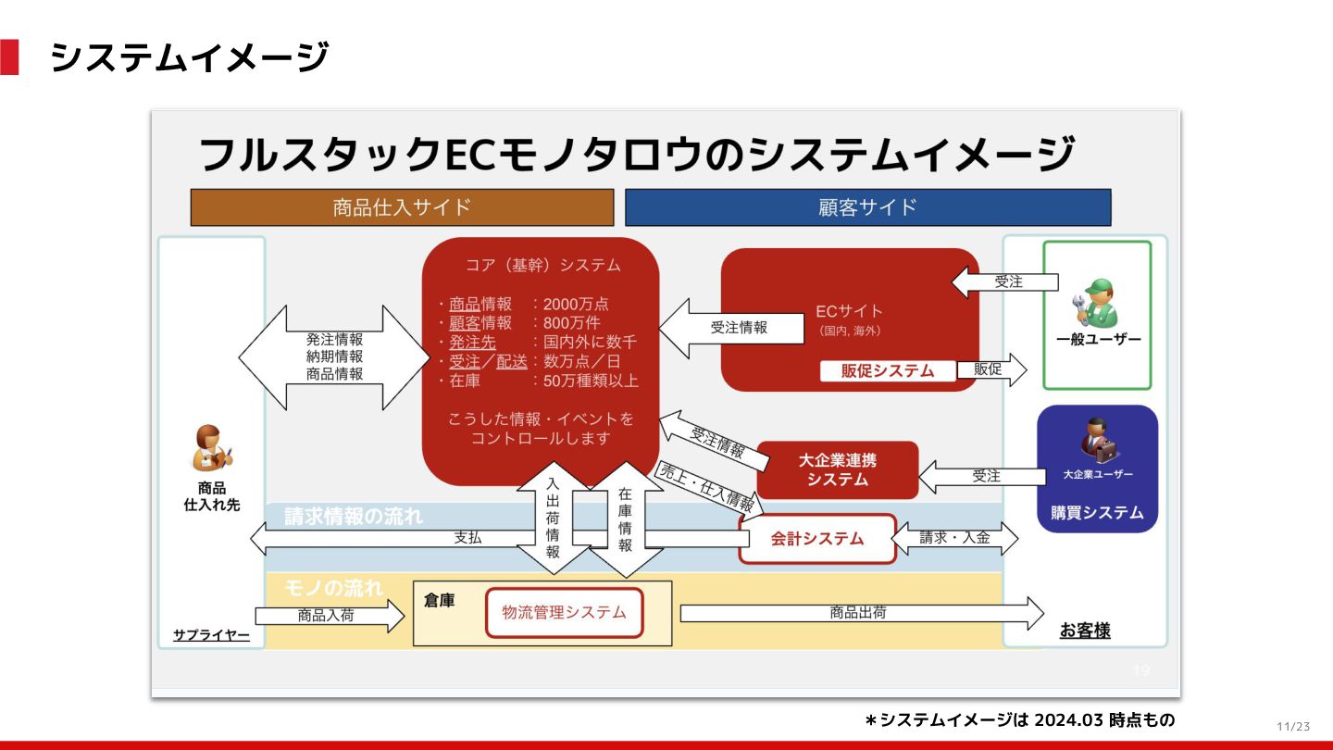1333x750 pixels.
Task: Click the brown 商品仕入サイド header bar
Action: coord(402,207)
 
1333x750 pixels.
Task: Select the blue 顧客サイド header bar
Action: coord(867,207)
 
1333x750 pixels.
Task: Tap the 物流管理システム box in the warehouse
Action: coord(564,612)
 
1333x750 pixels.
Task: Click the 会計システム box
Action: coord(817,539)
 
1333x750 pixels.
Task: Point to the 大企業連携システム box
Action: coord(837,469)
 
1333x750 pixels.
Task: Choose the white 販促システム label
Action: coord(887,370)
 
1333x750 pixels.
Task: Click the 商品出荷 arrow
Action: coord(861,613)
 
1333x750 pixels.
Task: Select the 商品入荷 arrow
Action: coord(329,615)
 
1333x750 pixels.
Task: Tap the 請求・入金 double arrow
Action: coord(954,538)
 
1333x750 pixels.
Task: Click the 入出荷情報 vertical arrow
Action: coord(553,519)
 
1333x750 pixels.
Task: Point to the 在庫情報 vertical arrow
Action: coord(626,519)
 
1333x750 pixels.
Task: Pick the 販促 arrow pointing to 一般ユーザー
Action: coord(991,369)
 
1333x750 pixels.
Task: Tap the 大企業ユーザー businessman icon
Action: coord(1098,443)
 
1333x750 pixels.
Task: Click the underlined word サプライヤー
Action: coord(211,635)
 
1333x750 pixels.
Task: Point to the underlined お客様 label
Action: coord(1085,631)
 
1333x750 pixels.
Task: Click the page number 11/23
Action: coord(1293,726)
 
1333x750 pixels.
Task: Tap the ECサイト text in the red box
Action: coord(849,311)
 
